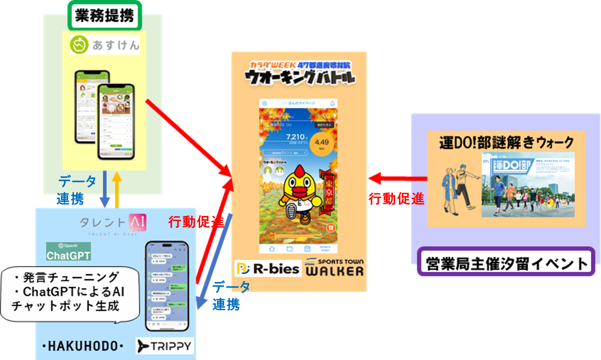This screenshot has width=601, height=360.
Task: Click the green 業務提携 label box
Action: click(x=105, y=16)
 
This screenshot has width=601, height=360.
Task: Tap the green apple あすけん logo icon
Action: click(x=79, y=45)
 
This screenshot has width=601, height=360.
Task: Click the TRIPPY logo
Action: click(x=165, y=346)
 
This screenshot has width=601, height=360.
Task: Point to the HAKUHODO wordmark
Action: click(x=83, y=346)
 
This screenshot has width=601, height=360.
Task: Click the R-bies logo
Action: click(x=268, y=269)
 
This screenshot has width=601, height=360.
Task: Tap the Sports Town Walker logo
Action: click(x=335, y=267)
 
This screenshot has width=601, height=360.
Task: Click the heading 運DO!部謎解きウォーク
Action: click(x=506, y=143)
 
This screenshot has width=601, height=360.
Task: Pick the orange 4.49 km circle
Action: click(x=321, y=144)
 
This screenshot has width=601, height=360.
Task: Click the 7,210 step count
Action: click(x=296, y=137)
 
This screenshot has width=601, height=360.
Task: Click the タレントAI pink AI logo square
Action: click(x=137, y=222)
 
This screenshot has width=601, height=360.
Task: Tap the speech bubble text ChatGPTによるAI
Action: click(x=73, y=292)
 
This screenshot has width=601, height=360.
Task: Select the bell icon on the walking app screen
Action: click(x=332, y=103)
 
